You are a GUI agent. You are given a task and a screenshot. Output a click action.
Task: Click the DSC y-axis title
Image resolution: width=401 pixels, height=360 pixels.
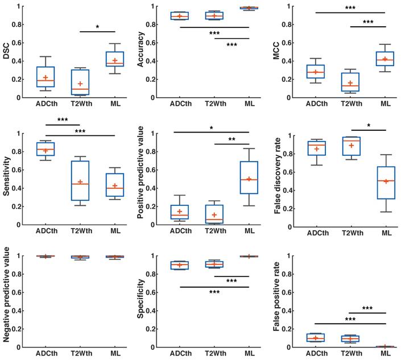[x=7, y=52]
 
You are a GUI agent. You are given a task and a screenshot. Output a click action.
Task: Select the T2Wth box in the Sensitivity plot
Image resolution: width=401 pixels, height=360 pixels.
[x=80, y=181]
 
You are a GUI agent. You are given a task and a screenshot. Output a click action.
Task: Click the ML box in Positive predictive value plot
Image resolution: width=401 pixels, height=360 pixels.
[x=249, y=177]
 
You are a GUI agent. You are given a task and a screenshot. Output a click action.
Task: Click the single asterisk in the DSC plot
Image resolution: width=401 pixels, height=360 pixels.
[x=97, y=27]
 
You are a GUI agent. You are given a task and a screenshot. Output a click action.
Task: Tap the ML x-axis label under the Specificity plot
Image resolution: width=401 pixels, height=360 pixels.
[x=249, y=354]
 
